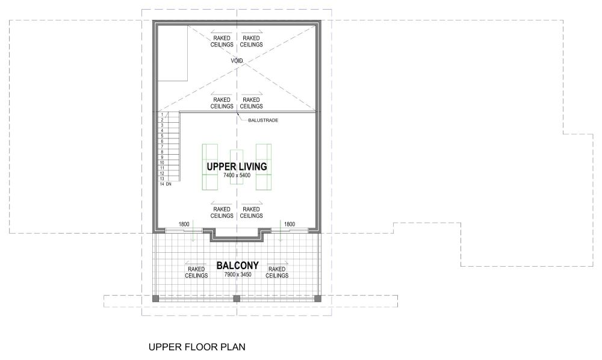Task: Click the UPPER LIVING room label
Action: (x=236, y=166)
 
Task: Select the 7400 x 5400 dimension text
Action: (x=236, y=175)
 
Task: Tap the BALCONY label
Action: (x=237, y=265)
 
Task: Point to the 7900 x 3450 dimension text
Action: (x=237, y=275)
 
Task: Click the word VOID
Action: (x=237, y=61)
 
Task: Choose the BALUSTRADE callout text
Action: (x=263, y=120)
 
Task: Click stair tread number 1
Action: (x=163, y=114)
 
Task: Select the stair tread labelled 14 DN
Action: (x=166, y=184)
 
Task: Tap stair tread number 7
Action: (x=163, y=146)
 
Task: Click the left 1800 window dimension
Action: (x=184, y=224)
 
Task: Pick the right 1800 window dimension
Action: (x=290, y=224)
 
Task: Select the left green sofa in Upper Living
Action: (x=209, y=167)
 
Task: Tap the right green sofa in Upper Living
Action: (x=264, y=167)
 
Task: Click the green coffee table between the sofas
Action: (x=237, y=167)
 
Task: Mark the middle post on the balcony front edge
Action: (x=237, y=298)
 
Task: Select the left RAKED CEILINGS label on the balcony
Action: (x=196, y=272)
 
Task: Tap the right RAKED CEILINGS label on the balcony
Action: (x=277, y=272)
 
